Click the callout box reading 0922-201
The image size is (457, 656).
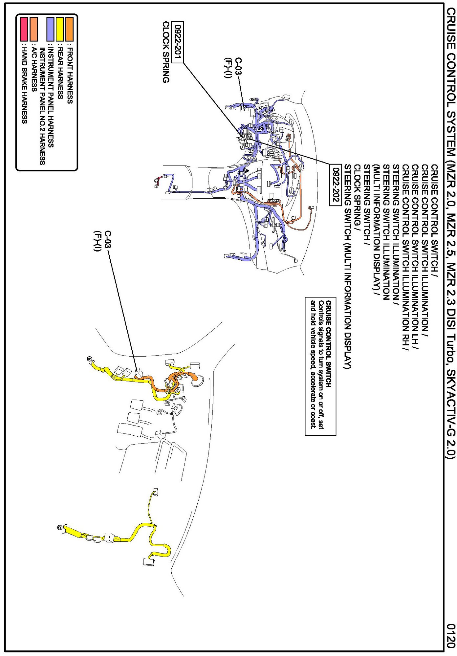pyautogui.click(x=179, y=42)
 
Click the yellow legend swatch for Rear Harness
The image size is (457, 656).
pyautogui.click(x=60, y=29)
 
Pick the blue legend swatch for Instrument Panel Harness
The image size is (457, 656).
pyautogui.click(x=51, y=29)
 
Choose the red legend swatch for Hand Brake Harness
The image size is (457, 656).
pyautogui.click(x=24, y=29)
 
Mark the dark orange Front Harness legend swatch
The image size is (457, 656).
pyautogui.click(x=70, y=29)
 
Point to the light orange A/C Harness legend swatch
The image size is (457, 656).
pyautogui.click(x=33, y=29)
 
